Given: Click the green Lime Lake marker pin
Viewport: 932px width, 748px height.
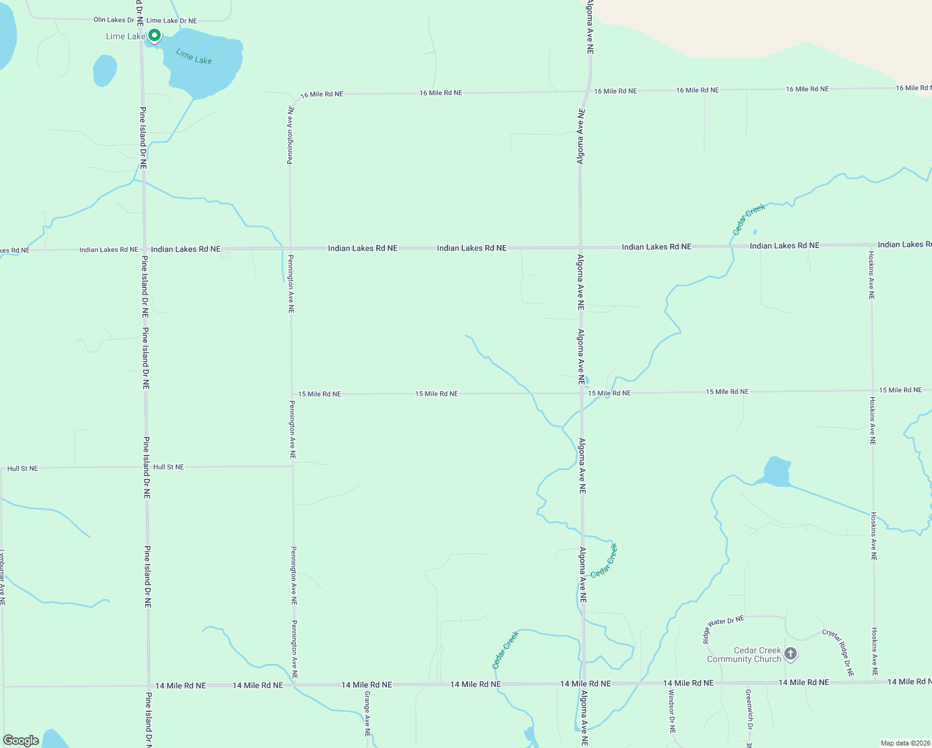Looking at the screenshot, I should pos(154,36).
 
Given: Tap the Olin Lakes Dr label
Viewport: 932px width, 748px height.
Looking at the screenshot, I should pos(113,20).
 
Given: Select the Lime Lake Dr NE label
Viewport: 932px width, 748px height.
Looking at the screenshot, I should pos(171,21).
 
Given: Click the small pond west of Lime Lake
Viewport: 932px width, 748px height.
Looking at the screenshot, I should pos(105,70).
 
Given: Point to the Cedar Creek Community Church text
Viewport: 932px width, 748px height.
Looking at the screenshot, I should pos(744,654).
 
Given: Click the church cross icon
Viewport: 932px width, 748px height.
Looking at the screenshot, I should pos(791,654).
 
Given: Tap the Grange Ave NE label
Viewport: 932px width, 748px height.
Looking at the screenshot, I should pos(368,714).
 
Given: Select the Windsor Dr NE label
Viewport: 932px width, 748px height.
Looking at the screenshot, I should pos(672,711).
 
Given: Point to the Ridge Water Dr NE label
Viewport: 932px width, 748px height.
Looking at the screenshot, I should pos(723,629).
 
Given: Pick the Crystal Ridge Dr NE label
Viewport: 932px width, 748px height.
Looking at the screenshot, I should pos(838,653).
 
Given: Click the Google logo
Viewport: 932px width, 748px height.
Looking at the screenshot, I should pos(21,741).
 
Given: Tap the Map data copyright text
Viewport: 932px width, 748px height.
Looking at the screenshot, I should pos(905,743).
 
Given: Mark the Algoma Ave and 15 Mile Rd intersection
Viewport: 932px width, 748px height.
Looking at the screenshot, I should pos(581,393).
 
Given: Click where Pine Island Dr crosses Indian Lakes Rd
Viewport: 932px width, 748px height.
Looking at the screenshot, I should pos(144,249).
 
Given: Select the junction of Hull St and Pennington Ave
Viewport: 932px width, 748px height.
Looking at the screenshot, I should pos(293,466).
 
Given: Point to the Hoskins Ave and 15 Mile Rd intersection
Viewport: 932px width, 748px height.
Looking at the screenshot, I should pos(872,391).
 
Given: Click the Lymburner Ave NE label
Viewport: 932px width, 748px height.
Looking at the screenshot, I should pos(2,577).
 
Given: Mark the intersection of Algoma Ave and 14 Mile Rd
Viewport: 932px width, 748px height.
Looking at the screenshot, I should pos(584,684).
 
